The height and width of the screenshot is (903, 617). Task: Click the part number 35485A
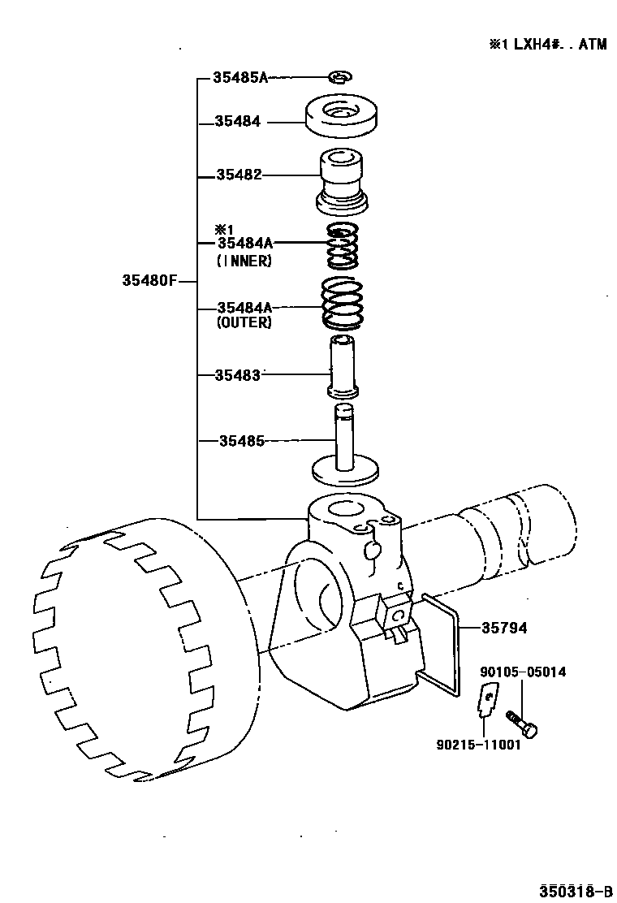pos(239,78)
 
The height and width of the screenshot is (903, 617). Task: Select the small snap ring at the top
pos(339,77)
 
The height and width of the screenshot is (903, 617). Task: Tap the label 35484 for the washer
pos(238,122)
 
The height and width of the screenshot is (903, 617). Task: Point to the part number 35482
pos(239,175)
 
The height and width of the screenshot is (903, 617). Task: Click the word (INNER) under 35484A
pos(244,261)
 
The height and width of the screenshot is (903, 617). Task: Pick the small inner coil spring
pos(343,248)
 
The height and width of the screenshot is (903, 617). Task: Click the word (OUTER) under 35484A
pos(244,322)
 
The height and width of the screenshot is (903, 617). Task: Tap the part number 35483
pos(238,375)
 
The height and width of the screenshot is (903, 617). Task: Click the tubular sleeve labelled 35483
pos(344,367)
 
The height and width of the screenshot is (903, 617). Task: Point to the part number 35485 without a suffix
pos(242,441)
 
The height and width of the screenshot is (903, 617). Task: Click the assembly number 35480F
pos(149,281)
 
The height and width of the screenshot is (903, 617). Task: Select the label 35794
pos(504,628)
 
